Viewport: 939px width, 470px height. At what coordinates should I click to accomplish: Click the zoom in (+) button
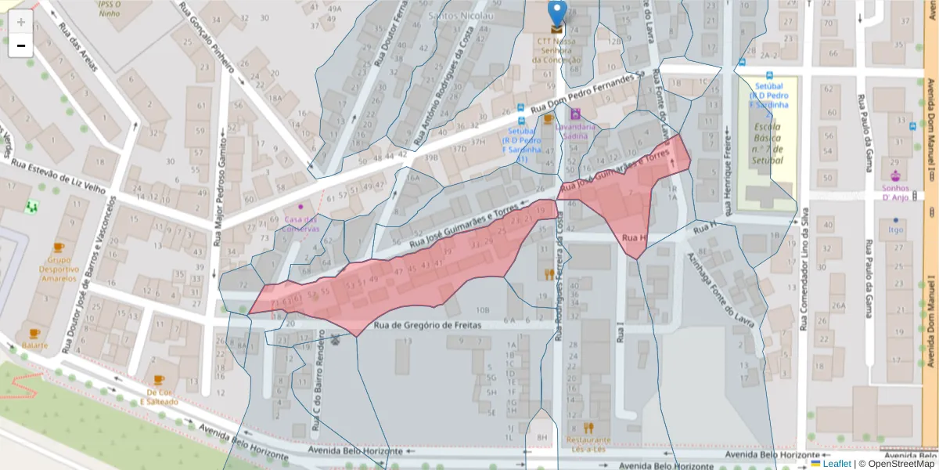(x=21, y=21)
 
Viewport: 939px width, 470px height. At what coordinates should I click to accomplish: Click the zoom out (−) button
(x=21, y=45)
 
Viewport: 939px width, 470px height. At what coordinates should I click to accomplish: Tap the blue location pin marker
(x=557, y=13)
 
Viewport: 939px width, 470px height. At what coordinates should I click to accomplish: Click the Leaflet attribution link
(x=836, y=464)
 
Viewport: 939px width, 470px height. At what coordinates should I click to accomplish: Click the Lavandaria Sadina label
(x=575, y=130)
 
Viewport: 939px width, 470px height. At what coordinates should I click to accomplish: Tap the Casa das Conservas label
(x=301, y=223)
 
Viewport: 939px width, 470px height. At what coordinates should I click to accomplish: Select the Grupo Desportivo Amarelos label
(x=59, y=269)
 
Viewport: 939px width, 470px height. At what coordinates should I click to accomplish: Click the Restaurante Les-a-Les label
(x=588, y=444)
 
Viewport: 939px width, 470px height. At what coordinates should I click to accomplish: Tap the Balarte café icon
(x=34, y=334)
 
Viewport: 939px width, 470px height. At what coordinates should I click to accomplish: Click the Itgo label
(x=896, y=230)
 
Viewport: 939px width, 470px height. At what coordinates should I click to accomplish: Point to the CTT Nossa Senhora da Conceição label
(x=556, y=50)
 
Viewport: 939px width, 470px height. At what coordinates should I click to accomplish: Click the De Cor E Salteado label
(x=159, y=396)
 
